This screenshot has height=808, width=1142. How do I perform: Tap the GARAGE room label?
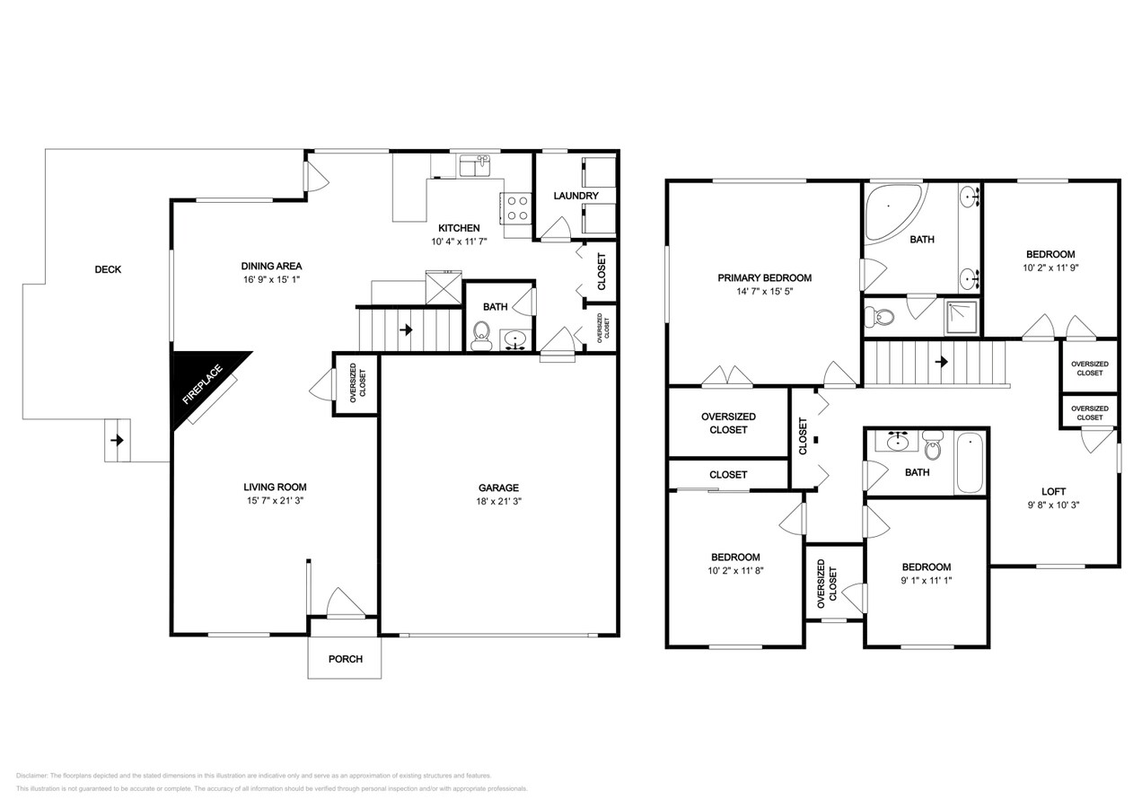point(499,487)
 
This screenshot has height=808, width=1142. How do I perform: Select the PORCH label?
point(345,659)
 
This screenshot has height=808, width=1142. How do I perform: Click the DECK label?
point(108,269)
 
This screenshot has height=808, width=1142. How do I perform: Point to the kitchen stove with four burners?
point(517,208)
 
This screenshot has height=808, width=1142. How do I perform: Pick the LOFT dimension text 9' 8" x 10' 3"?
point(1053,505)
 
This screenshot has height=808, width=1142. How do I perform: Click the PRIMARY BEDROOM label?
point(764,277)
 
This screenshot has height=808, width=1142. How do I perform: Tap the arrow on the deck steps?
point(116,441)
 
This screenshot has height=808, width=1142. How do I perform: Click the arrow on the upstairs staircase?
point(941,362)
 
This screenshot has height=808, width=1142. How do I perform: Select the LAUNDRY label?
point(575,196)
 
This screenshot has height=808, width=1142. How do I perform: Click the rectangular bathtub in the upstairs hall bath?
point(970,463)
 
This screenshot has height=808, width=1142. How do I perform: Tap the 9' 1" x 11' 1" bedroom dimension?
point(927,580)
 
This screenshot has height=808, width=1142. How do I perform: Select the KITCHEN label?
point(458,228)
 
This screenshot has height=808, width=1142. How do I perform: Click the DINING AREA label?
point(271,266)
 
